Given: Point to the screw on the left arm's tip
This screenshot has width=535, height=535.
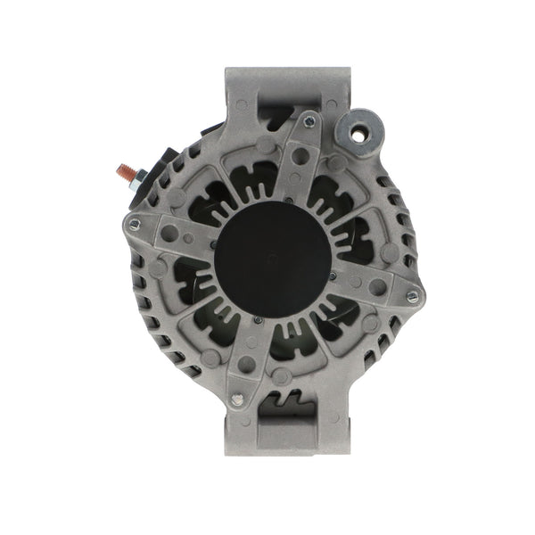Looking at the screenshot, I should click(135, 223).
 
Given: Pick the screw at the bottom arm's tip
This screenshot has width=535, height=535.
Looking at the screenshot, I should click(237, 399).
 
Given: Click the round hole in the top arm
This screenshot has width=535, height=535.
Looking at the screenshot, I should click(300, 155).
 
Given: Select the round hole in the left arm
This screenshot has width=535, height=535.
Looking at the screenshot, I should click(169, 233).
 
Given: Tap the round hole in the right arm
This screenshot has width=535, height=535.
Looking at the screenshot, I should click(378, 287).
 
